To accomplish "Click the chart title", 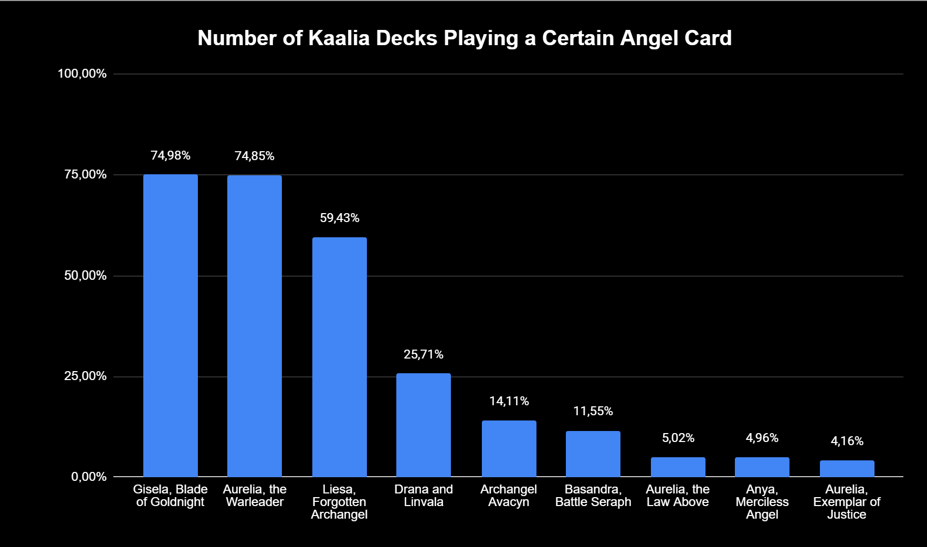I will (x=464, y=38).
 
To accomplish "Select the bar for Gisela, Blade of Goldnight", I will (x=171, y=325).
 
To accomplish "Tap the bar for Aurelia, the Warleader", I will (x=255, y=326).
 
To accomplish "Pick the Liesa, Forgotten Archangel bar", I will (x=339, y=357).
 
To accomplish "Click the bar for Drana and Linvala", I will (x=424, y=425).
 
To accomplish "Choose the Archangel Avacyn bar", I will (x=509, y=449).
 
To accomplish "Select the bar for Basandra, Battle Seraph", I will (x=593, y=454).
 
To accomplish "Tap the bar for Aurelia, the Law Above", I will (x=678, y=467).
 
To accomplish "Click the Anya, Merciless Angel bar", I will (x=762, y=467).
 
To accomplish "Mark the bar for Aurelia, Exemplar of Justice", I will (x=847, y=469).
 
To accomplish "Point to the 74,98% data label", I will (x=171, y=155).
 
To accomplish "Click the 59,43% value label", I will (x=339, y=218).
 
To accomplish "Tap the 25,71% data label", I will (x=424, y=354).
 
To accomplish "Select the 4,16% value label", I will (x=847, y=441).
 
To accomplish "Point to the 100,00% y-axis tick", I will (x=82, y=73).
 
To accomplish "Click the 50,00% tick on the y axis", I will (x=85, y=276).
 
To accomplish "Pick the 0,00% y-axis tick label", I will (x=89, y=477).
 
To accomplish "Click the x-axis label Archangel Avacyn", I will (x=509, y=496).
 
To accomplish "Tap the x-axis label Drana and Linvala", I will (x=424, y=496).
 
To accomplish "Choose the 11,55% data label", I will (x=593, y=411).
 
